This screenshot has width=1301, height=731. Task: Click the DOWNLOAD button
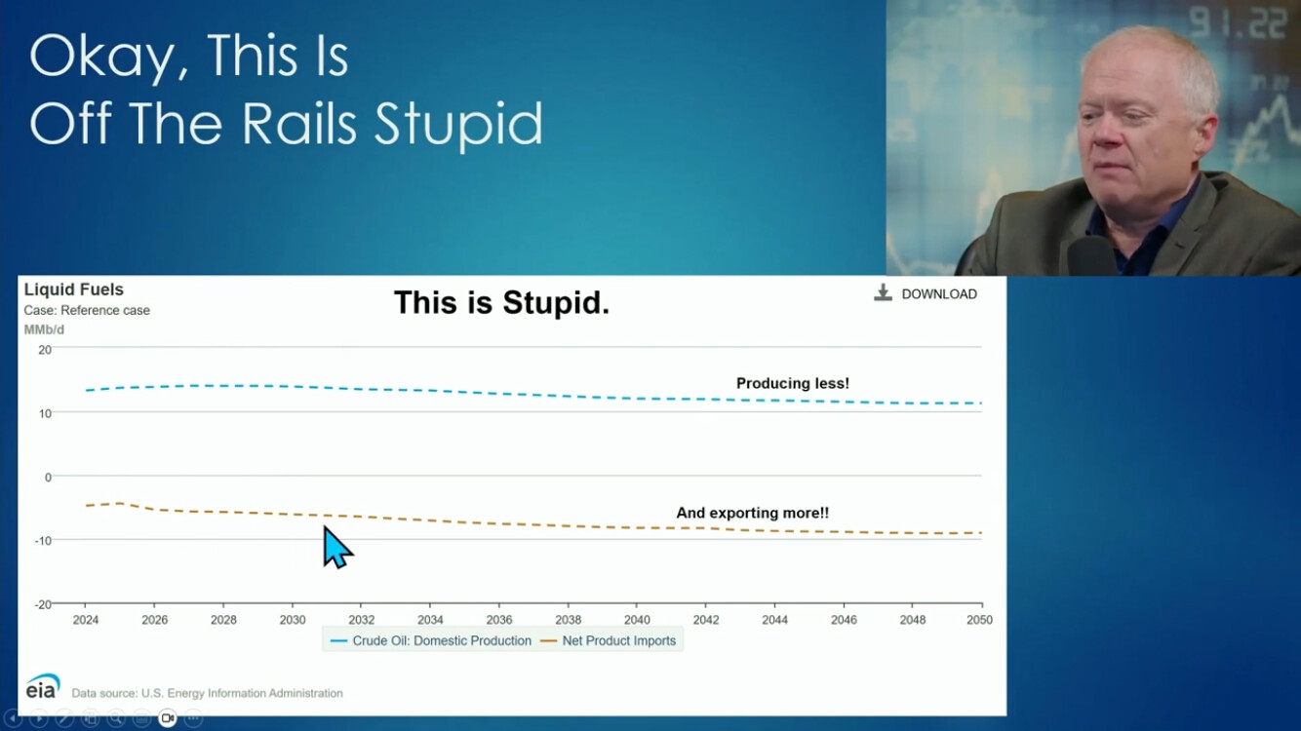click(926, 293)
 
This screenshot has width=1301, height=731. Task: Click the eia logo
click(42, 686)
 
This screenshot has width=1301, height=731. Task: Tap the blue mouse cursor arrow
click(337, 547)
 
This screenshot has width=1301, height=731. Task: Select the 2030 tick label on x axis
click(293, 620)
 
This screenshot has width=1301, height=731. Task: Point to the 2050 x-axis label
click(979, 620)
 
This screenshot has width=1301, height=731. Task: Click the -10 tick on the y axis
click(43, 541)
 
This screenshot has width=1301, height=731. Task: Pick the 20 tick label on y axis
click(45, 350)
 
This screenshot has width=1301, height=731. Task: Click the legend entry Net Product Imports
click(609, 640)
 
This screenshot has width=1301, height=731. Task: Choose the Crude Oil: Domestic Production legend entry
click(430, 640)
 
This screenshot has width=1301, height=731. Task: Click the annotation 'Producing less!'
click(792, 383)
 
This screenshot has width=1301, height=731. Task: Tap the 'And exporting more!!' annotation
click(752, 513)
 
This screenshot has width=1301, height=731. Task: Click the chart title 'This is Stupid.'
click(502, 302)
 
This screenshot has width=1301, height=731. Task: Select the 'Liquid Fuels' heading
click(74, 289)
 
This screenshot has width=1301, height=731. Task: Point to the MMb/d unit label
click(44, 329)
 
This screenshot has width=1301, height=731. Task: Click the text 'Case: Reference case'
click(87, 310)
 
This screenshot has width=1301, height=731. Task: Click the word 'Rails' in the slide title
click(298, 123)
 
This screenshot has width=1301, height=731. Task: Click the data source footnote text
click(207, 693)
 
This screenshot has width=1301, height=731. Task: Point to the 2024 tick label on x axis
click(86, 620)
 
